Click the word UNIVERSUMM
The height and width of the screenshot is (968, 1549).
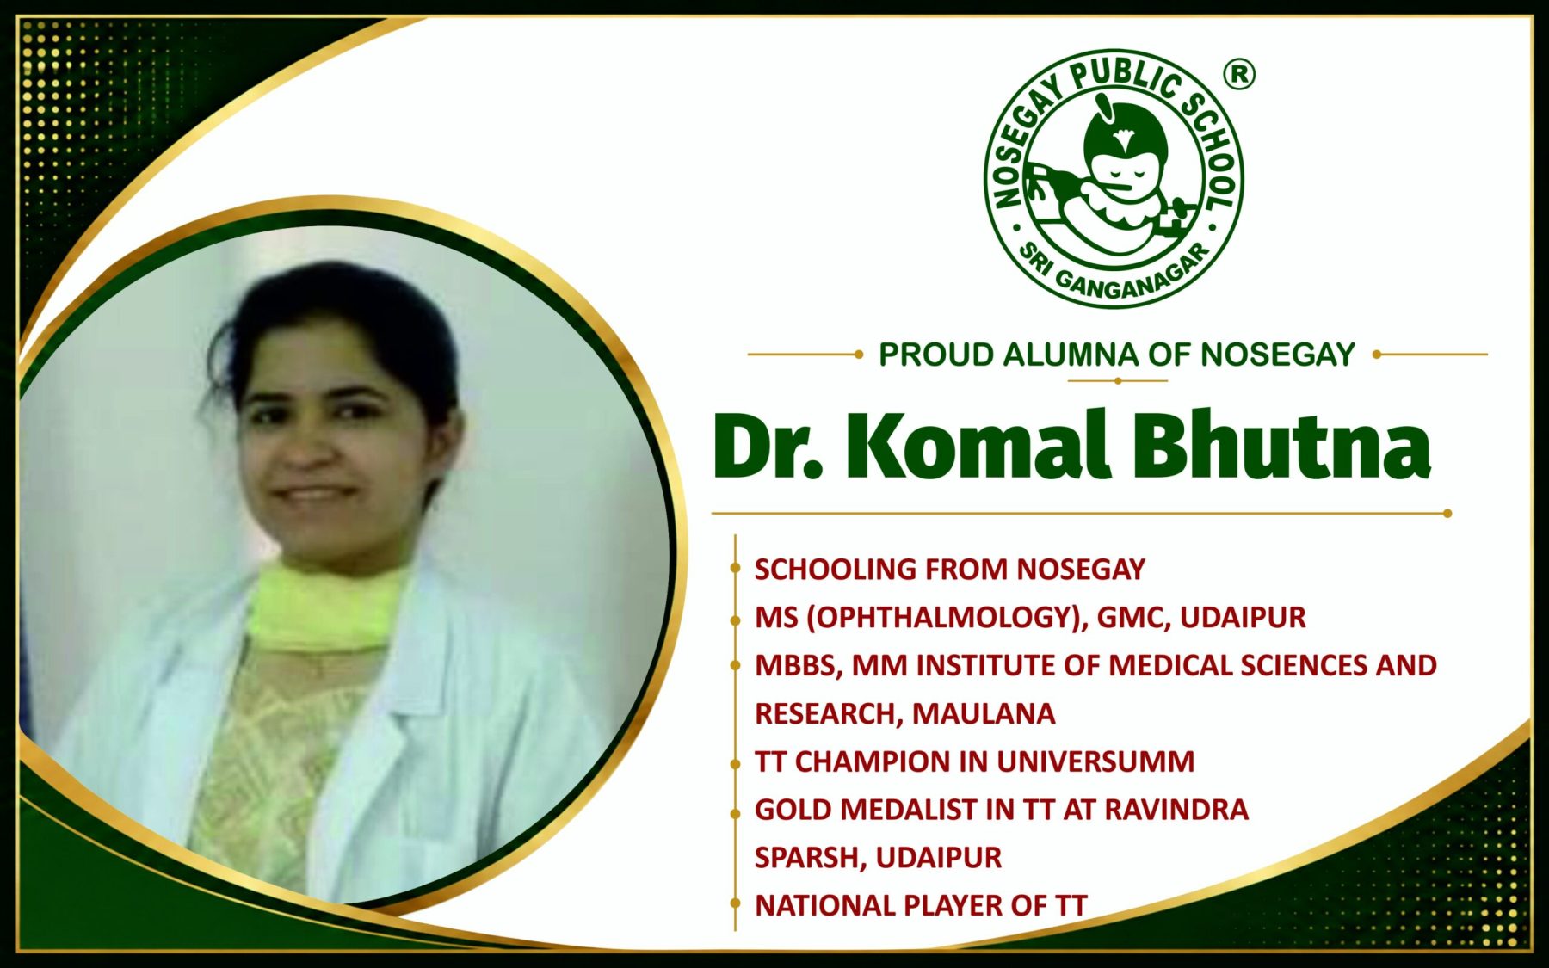click(1095, 761)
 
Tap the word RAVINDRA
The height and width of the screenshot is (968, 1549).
click(1176, 810)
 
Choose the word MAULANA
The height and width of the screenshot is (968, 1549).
click(984, 713)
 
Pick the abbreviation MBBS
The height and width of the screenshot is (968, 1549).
click(795, 666)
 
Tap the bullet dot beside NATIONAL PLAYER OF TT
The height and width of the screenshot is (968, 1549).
click(735, 903)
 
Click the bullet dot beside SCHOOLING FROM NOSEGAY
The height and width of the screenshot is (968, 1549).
click(735, 568)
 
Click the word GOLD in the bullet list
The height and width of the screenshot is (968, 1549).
click(793, 810)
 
